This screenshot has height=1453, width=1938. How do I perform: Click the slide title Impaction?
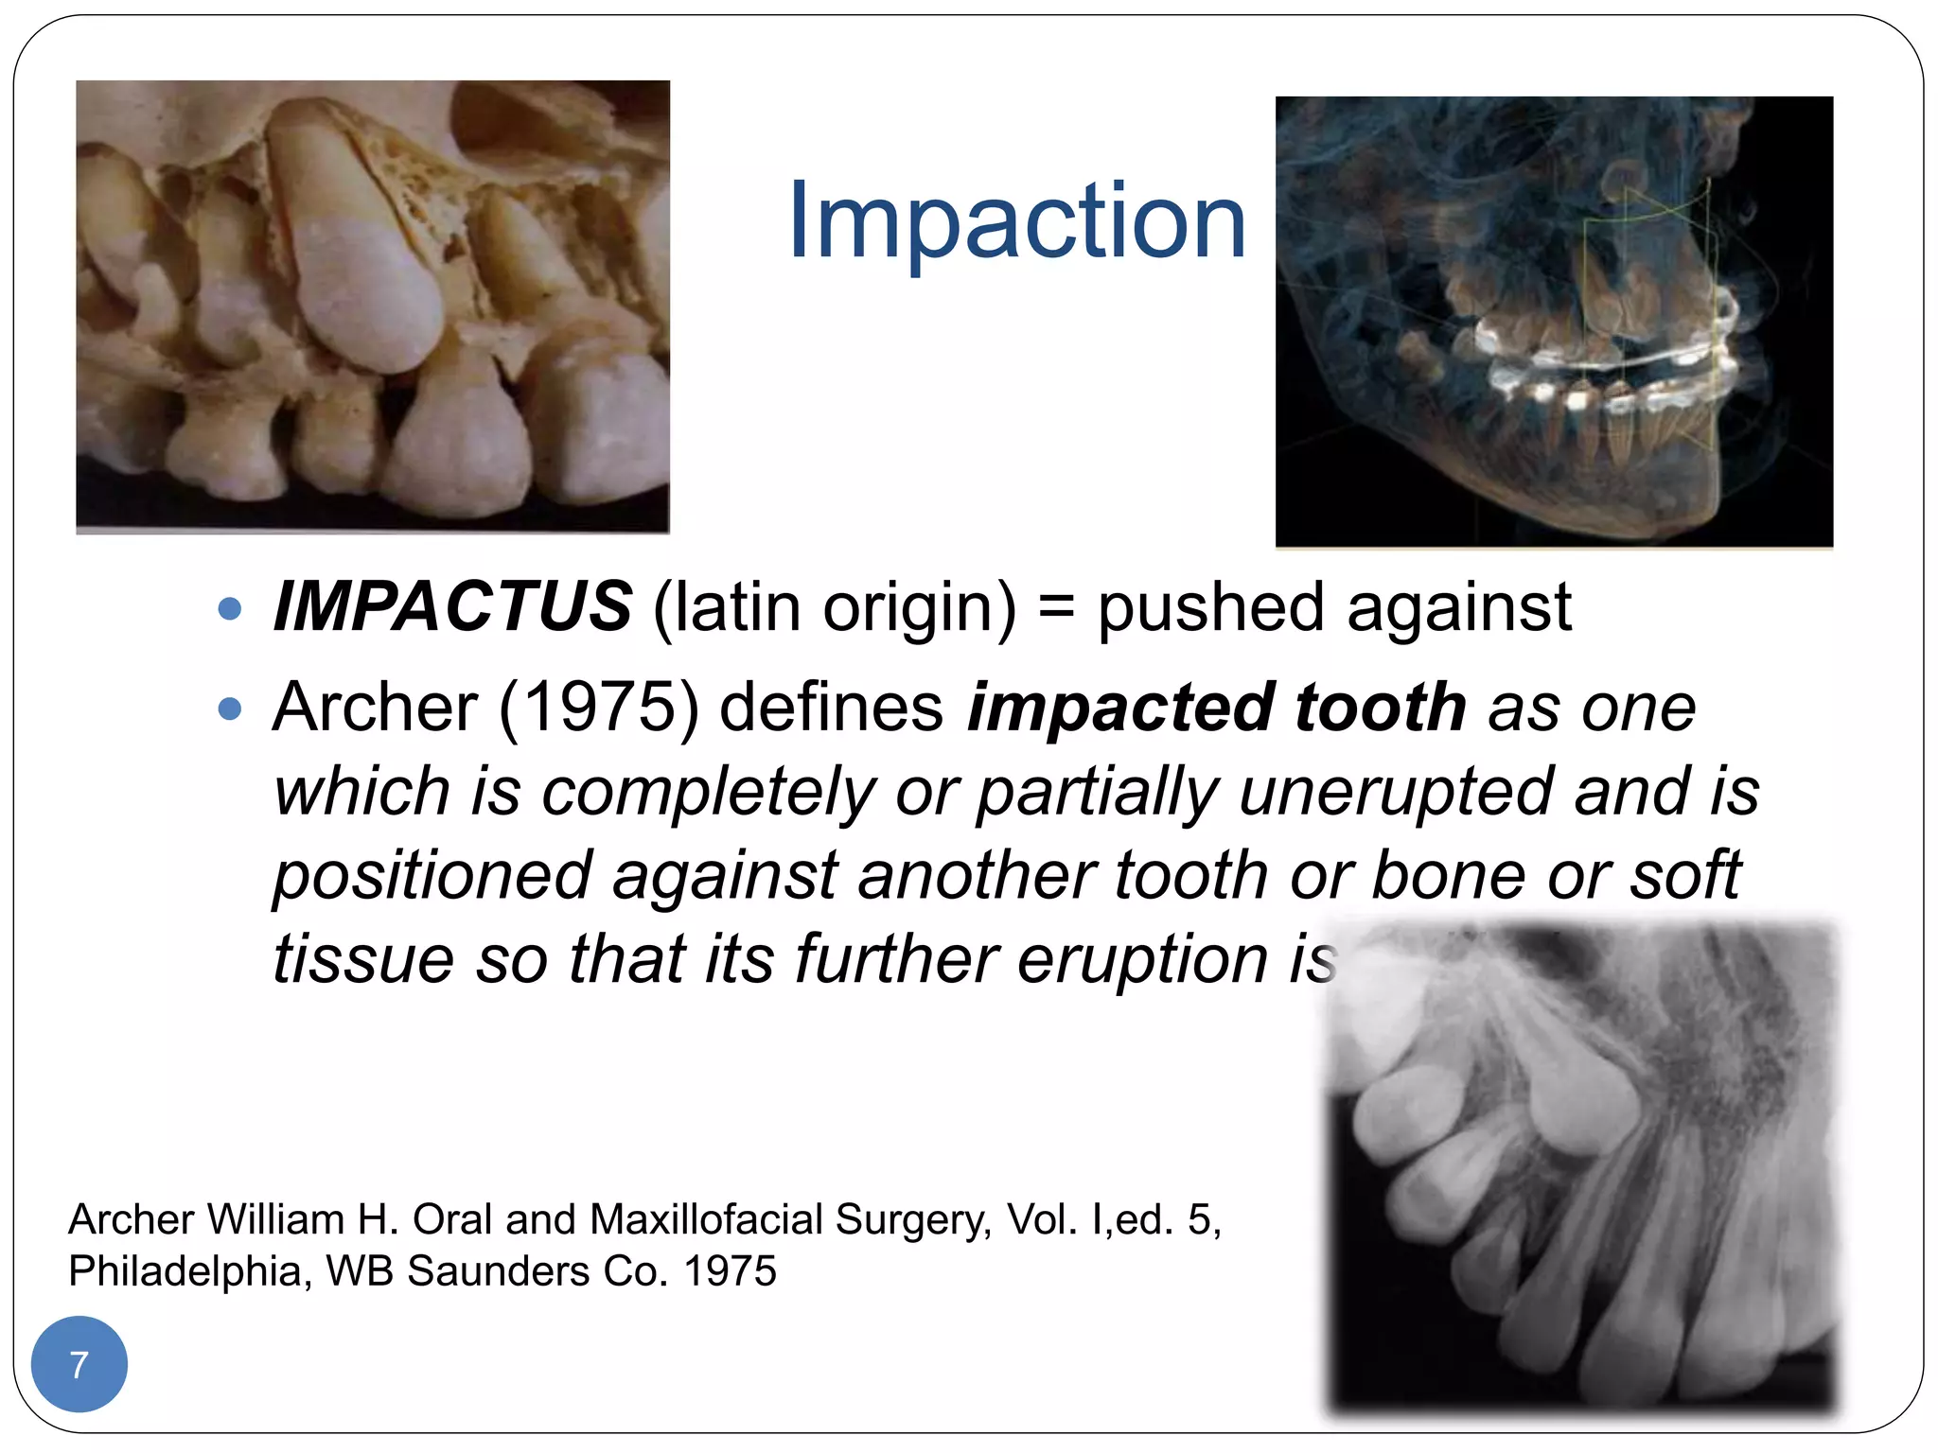pyautogui.click(x=1016, y=222)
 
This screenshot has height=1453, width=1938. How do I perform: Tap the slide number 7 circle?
pyautogui.click(x=79, y=1364)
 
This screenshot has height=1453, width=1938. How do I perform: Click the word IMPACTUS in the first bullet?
pyautogui.click(x=452, y=606)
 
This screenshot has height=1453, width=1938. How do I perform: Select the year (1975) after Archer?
pyautogui.click(x=598, y=707)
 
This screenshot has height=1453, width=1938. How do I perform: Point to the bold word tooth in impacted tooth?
pyautogui.click(x=1380, y=707)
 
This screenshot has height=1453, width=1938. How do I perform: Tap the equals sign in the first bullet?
pyautogui.click(x=1056, y=608)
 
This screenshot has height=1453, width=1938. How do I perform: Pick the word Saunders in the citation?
pyautogui.click(x=498, y=1271)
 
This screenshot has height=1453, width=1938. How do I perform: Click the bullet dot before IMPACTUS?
pyautogui.click(x=230, y=608)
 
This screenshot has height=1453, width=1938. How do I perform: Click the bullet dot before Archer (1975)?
pyautogui.click(x=230, y=709)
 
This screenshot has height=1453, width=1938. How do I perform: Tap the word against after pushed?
pyautogui.click(x=1458, y=608)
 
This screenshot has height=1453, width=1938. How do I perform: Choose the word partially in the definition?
pyautogui.click(x=1098, y=791)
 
